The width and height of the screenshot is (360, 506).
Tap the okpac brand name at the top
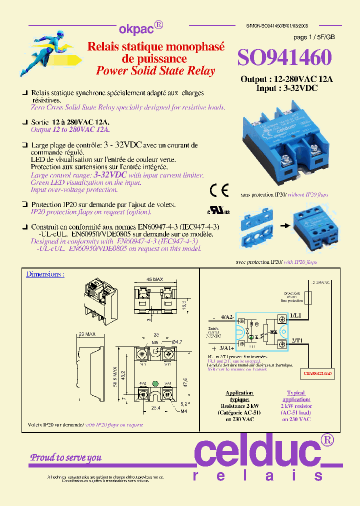pos(132,28)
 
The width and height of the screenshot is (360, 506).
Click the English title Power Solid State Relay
pos(155,70)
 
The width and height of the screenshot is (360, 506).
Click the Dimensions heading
pos(45,274)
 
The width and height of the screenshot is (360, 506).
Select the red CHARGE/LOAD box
pos(318,373)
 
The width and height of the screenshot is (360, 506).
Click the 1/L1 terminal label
pos(296,316)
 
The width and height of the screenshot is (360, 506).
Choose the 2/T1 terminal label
pos(296,339)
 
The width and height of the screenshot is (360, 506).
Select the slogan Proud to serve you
pos(66,457)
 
